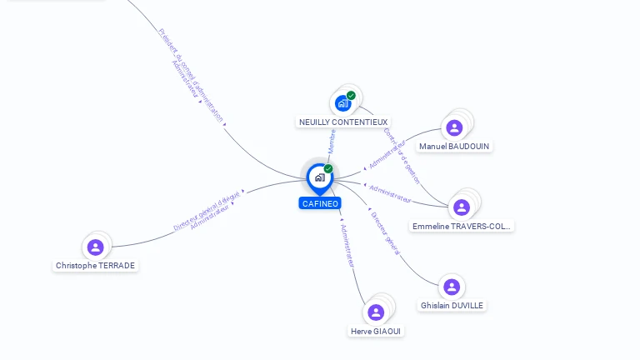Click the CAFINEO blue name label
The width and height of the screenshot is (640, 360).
[320, 203]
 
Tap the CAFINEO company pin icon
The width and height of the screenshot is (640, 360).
[319, 177]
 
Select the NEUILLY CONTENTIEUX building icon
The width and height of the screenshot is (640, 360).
[342, 103]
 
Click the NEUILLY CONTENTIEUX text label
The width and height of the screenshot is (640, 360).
[343, 122]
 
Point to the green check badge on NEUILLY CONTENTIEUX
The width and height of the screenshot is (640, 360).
[352, 95]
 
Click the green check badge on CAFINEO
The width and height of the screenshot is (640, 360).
[328, 168]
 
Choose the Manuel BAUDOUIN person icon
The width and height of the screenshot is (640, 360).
[454, 127]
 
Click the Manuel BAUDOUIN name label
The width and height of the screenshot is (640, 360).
[455, 146]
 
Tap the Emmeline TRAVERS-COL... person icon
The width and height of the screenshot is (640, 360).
[461, 207]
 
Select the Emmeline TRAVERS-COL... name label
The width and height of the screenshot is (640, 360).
[462, 226]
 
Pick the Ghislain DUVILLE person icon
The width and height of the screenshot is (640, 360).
[452, 287]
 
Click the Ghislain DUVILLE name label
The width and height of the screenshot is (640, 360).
[452, 305]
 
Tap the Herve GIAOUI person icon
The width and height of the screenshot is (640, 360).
[376, 312]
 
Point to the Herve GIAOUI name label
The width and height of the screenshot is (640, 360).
[377, 331]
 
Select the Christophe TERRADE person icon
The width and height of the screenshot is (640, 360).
[96, 247]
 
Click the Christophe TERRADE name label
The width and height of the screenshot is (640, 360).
[96, 265]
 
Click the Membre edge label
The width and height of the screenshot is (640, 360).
[332, 141]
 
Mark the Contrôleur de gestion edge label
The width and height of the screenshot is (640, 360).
[402, 155]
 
